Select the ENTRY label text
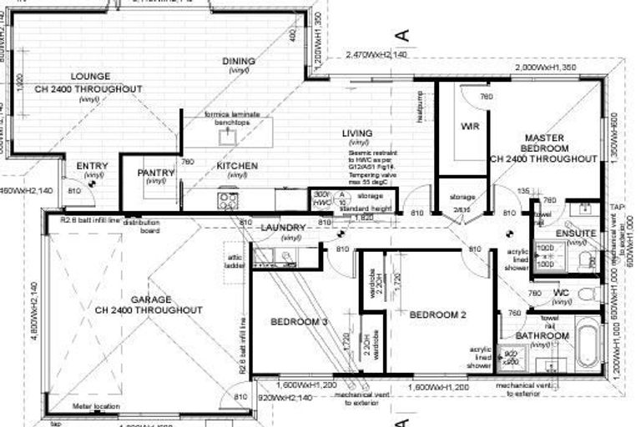coord(92,167)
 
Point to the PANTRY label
coord(156,173)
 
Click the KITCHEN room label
coord(237,167)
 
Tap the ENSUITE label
coord(576,234)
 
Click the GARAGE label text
coord(150,299)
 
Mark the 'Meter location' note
coord(93,407)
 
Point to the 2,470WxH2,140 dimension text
coord(376,55)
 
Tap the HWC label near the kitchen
coord(321,200)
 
